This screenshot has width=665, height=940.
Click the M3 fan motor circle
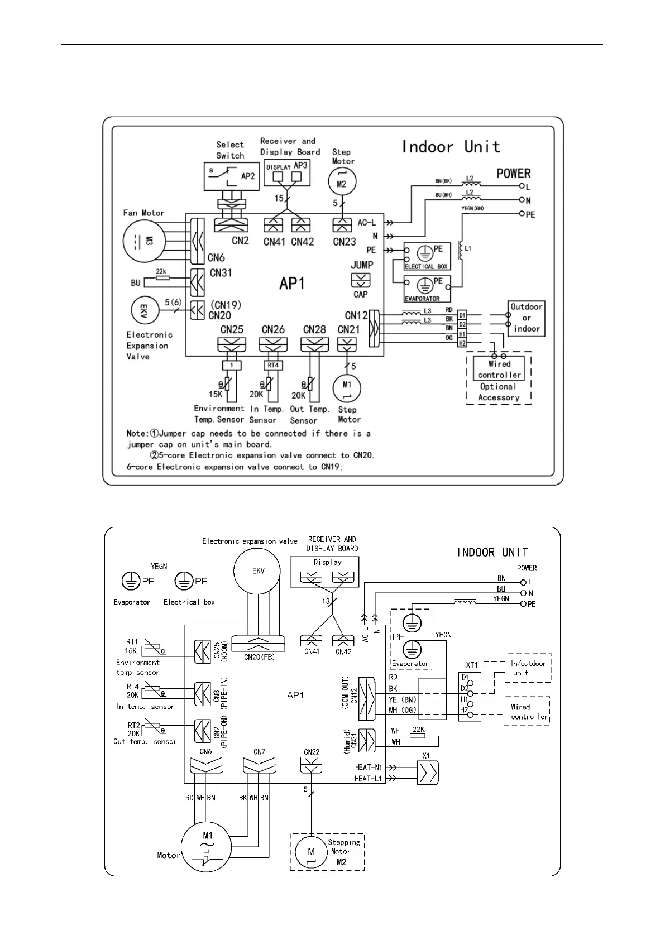[x=143, y=241]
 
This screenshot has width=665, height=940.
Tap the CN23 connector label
[x=344, y=241]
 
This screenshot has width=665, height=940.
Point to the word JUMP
[x=361, y=265]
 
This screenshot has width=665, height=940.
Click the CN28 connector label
[x=314, y=329]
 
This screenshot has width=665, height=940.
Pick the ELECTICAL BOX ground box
[x=427, y=257]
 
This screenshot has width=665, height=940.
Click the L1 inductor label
[x=468, y=248]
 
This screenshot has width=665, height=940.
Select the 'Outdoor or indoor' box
[x=527, y=318]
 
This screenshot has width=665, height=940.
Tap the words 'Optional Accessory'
[x=499, y=392]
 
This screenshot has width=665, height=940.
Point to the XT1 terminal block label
[x=472, y=665]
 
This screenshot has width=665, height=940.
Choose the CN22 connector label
[x=312, y=752]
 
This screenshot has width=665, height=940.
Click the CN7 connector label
[x=259, y=752]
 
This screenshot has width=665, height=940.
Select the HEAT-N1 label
[x=369, y=768]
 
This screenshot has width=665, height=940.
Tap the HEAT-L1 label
[x=369, y=779]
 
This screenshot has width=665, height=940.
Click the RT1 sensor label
[x=132, y=642]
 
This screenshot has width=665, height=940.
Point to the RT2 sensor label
[x=133, y=725]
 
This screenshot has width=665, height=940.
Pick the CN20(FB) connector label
[x=259, y=657]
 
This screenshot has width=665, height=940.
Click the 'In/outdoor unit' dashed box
[x=528, y=668]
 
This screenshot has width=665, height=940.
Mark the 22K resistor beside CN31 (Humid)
[x=418, y=736]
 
